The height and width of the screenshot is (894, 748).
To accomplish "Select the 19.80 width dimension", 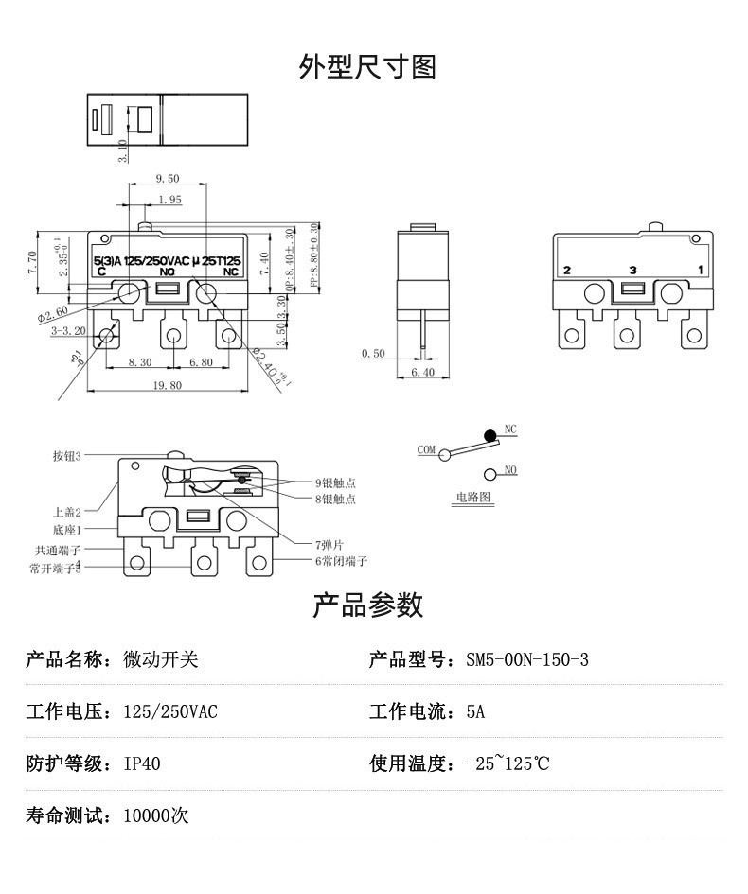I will point(165,385).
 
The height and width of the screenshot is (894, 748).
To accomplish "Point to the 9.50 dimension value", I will point(167,178).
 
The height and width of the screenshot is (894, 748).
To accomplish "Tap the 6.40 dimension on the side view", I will point(423,373).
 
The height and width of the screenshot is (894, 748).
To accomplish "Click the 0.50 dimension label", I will point(373,354).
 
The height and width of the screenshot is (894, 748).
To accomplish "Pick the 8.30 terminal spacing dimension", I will point(139,362).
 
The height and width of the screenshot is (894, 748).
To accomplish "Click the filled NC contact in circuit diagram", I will point(490,435).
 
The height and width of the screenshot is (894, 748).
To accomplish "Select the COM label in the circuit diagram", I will point(426,449).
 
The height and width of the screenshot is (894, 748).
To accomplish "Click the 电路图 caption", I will point(470,496).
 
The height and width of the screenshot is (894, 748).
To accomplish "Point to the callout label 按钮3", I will point(66,456).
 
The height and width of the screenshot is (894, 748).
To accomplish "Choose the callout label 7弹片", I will point(330,544).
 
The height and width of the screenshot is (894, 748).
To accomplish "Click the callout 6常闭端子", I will point(342,561).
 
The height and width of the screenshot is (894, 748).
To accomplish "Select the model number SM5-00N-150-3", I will point(526,659).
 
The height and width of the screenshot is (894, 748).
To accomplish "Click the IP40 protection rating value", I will point(142,763).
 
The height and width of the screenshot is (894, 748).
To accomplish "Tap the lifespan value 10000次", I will point(156,815).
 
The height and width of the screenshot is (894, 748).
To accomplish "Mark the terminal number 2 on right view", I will point(567,271).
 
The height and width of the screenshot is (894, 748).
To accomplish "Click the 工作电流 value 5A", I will point(475,711).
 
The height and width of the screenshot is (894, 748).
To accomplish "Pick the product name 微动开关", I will point(161,659).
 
